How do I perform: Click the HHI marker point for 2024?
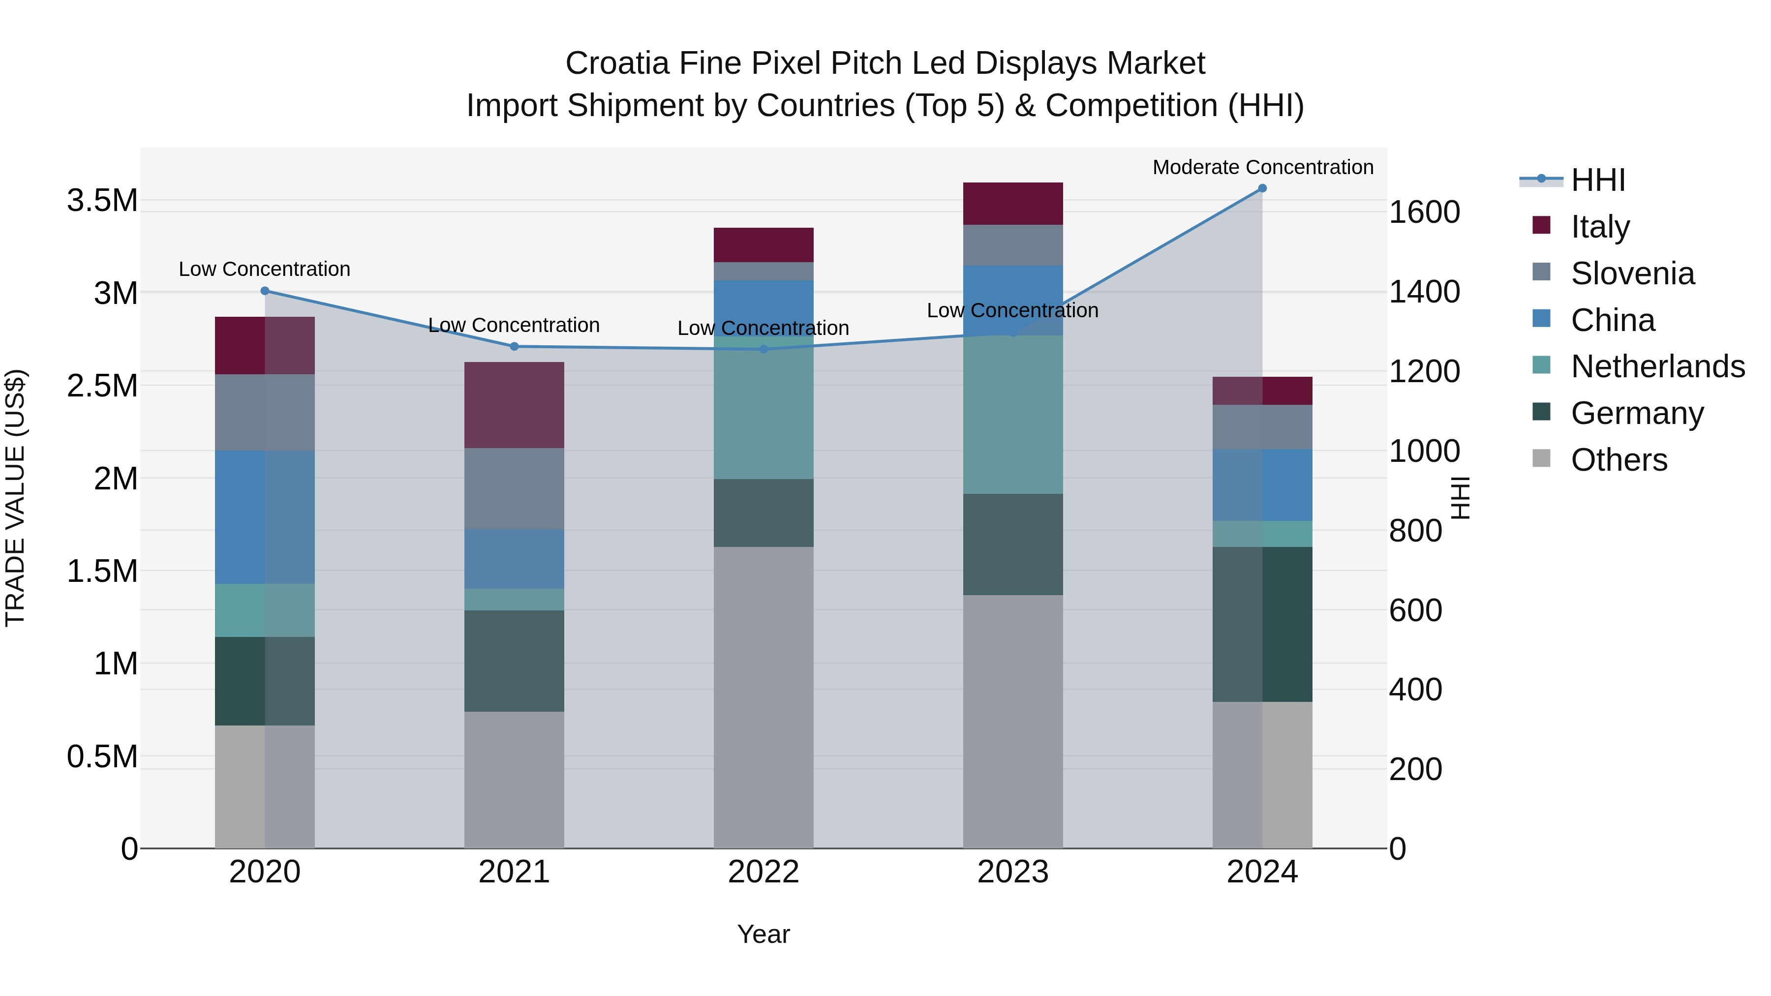tap(1262, 188)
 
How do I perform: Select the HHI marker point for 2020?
tap(265, 291)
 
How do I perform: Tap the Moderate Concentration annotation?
tap(1262, 167)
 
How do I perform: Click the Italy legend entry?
tap(1599, 227)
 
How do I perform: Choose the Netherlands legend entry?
tap(1657, 366)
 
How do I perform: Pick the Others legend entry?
tap(1618, 460)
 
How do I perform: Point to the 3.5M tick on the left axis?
tap(102, 201)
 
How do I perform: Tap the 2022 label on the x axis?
tap(763, 872)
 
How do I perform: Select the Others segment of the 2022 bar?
tap(763, 697)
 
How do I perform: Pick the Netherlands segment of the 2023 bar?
tap(1013, 415)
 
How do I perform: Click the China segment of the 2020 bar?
tap(265, 517)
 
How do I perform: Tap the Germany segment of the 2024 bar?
tap(1262, 624)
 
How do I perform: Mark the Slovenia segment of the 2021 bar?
tap(514, 489)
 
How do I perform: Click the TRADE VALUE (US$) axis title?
tap(15, 498)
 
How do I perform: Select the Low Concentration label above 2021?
tap(514, 325)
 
